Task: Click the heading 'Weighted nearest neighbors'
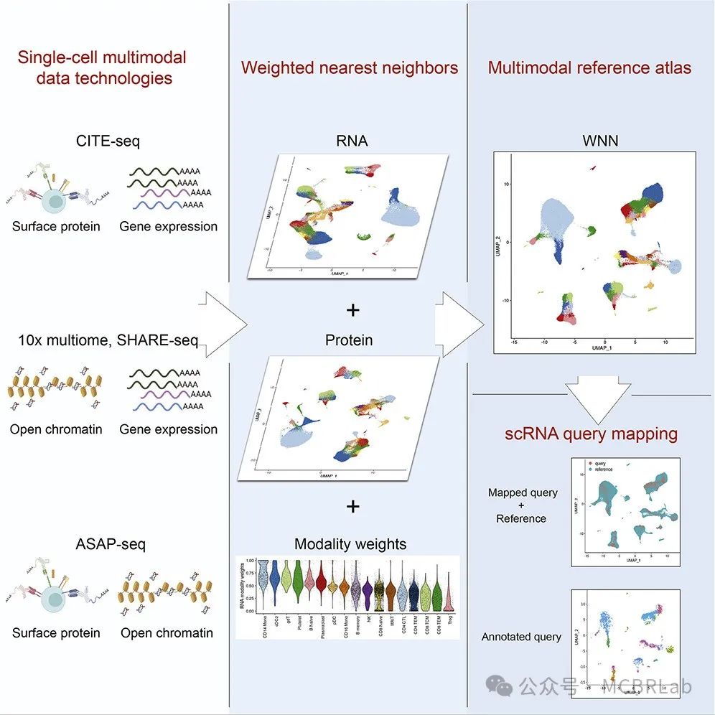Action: coord(350,68)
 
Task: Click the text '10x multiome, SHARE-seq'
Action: coord(108,340)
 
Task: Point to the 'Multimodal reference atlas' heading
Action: coord(589,68)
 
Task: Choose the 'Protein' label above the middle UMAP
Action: coord(349,340)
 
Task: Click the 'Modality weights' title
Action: coord(351,544)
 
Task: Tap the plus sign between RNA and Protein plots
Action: coord(352,311)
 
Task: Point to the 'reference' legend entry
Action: coord(604,470)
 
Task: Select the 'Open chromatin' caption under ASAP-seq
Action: coord(167,633)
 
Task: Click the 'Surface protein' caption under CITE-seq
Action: coord(56,227)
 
